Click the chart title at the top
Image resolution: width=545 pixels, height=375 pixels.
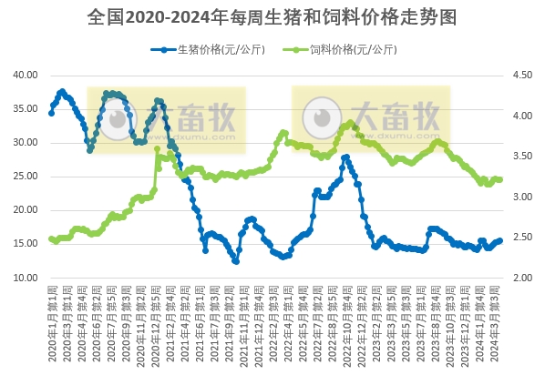272,17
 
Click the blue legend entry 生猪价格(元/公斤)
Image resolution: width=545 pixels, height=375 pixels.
211,49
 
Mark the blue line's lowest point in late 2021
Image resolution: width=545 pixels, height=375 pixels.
236,261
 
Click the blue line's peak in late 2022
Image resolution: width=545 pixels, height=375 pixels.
345,157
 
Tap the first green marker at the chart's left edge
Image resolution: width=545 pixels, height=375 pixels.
51,239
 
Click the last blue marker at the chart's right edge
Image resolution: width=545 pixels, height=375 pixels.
500,240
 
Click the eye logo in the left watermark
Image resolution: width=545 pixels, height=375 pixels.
114,119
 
